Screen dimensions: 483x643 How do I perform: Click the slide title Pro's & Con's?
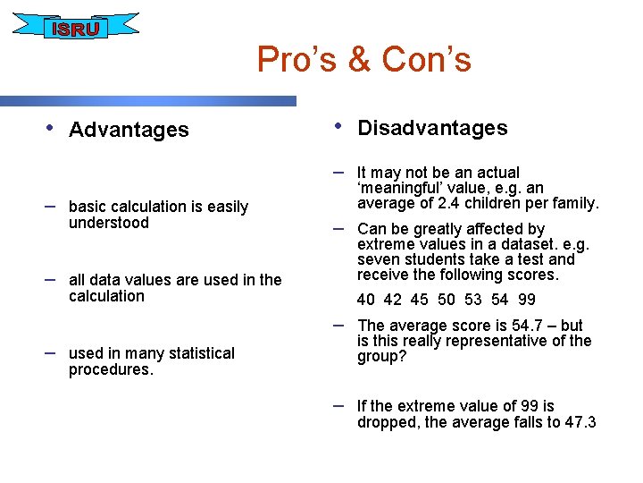click(363, 60)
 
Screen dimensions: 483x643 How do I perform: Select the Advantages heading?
click(129, 130)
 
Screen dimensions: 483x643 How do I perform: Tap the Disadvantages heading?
click(432, 128)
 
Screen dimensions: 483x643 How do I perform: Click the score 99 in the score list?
click(526, 300)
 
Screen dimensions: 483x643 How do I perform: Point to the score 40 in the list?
click(366, 300)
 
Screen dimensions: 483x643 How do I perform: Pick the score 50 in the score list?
click(447, 300)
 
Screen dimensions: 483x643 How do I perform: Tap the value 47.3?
click(580, 423)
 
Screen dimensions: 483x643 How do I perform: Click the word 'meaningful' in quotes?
click(400, 188)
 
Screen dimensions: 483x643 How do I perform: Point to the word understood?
click(109, 224)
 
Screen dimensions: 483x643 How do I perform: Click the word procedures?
click(111, 369)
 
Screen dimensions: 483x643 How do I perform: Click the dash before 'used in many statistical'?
click(51, 352)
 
